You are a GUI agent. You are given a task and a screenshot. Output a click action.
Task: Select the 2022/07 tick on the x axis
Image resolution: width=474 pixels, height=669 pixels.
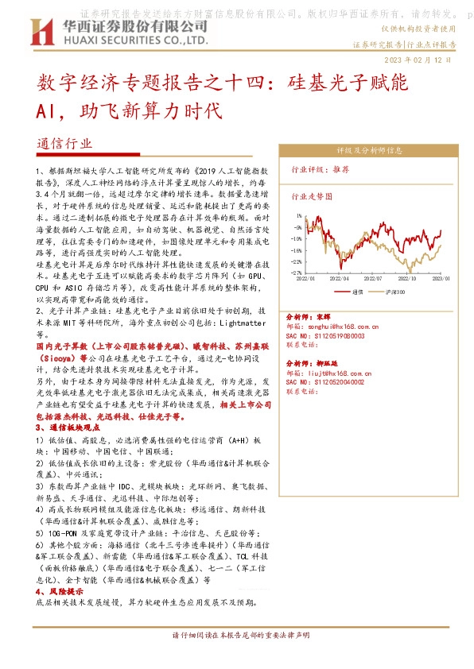[371, 279]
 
